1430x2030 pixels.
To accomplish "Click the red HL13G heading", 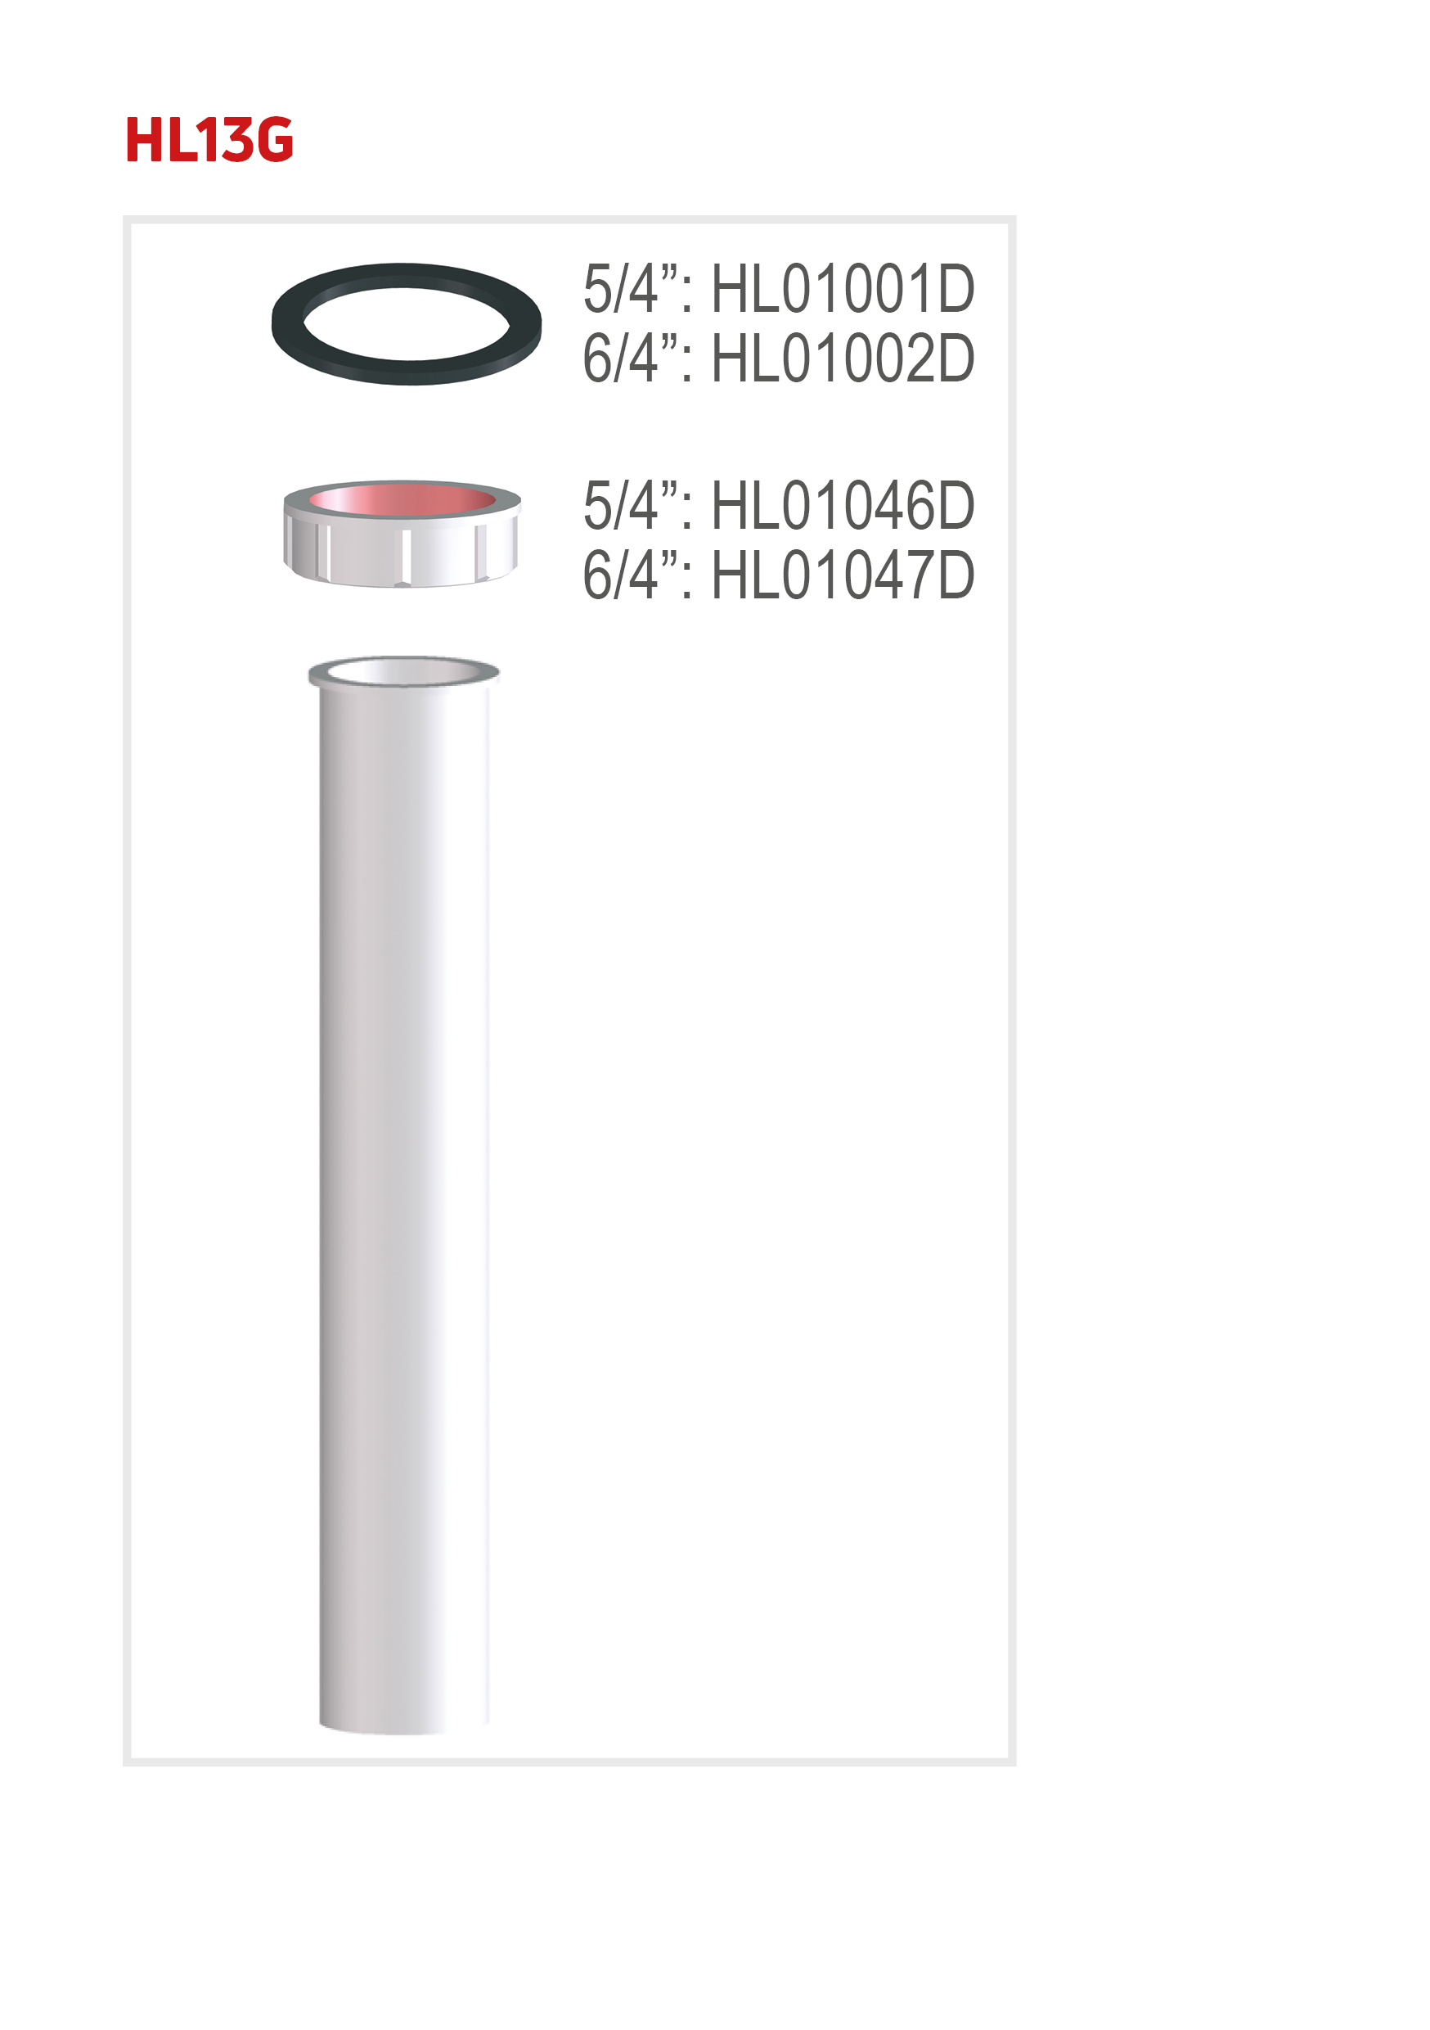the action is pos(209,140).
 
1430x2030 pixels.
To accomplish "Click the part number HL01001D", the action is pos(843,289).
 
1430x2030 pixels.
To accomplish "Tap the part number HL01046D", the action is pos(843,506).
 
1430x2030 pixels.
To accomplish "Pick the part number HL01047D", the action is pos(843,575).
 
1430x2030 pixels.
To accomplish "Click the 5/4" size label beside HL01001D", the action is pos(637,289).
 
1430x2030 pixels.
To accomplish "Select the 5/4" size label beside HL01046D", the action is pos(637,506).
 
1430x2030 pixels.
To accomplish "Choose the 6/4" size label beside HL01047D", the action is pos(637,575).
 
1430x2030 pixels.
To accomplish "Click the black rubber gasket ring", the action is pos(288,324).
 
